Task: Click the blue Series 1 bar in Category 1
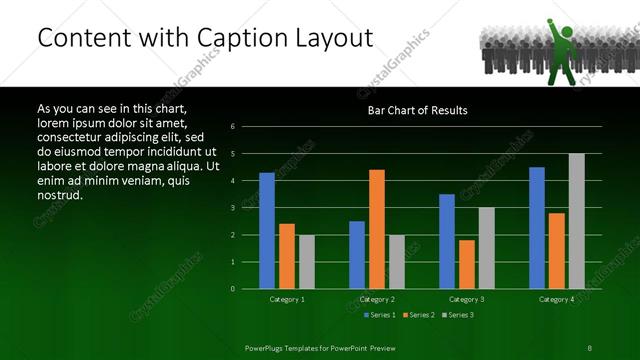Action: click(x=267, y=231)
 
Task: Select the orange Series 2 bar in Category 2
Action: click(x=377, y=229)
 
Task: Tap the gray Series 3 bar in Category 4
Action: click(x=576, y=221)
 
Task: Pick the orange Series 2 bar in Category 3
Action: click(x=466, y=264)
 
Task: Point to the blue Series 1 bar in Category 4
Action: click(x=537, y=228)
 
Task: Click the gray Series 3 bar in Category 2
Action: click(x=396, y=262)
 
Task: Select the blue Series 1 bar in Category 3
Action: click(x=447, y=241)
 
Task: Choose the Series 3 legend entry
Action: click(x=459, y=315)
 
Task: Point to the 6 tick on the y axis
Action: click(x=232, y=127)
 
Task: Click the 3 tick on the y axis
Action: click(x=232, y=208)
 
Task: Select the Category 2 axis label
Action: click(x=377, y=299)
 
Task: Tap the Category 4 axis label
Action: click(x=557, y=299)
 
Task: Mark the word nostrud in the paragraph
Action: click(x=59, y=195)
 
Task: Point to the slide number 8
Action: click(x=590, y=346)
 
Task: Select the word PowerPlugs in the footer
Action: click(x=267, y=346)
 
